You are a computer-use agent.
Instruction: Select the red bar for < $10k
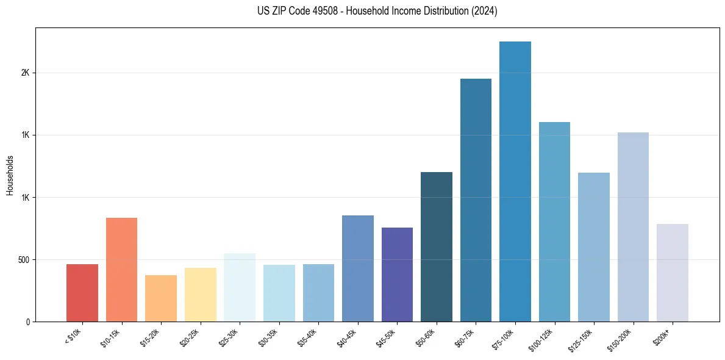(82, 293)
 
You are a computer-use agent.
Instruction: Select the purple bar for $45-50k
(397, 275)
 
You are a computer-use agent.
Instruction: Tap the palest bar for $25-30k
(240, 287)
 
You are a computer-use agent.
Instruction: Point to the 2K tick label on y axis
(25, 73)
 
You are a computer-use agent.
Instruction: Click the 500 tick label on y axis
(23, 260)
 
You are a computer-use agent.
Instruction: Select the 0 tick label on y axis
(28, 322)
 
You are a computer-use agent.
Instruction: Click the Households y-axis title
(10, 175)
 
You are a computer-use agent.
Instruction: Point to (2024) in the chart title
(484, 12)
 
